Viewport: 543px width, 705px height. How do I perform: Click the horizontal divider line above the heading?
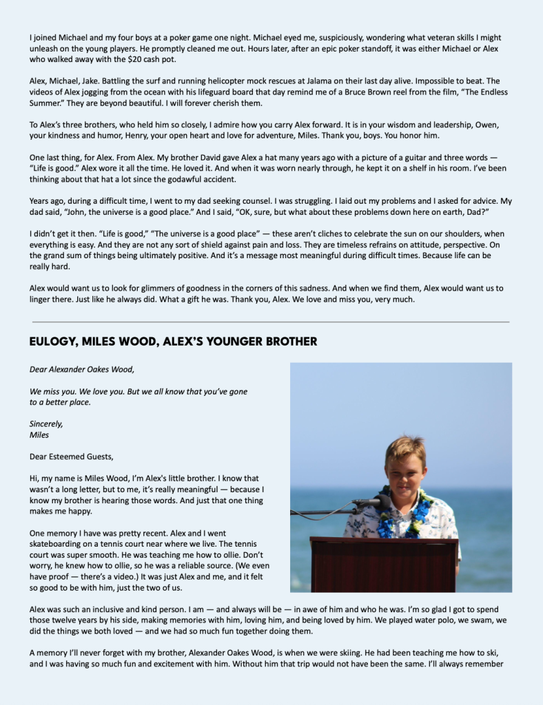click(x=271, y=322)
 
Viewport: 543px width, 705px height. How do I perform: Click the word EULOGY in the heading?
click(x=55, y=341)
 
